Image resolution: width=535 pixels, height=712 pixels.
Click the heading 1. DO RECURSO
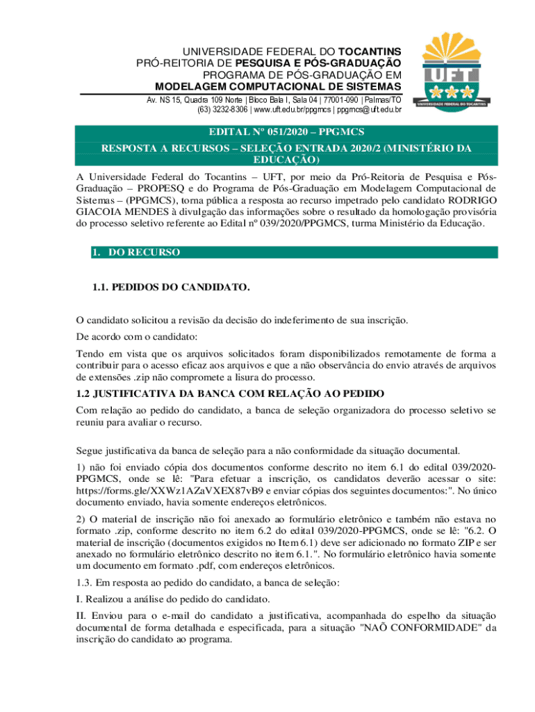136,252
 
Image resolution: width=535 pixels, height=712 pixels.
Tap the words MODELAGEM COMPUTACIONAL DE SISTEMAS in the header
277,86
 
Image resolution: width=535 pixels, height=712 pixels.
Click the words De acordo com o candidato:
137,337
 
